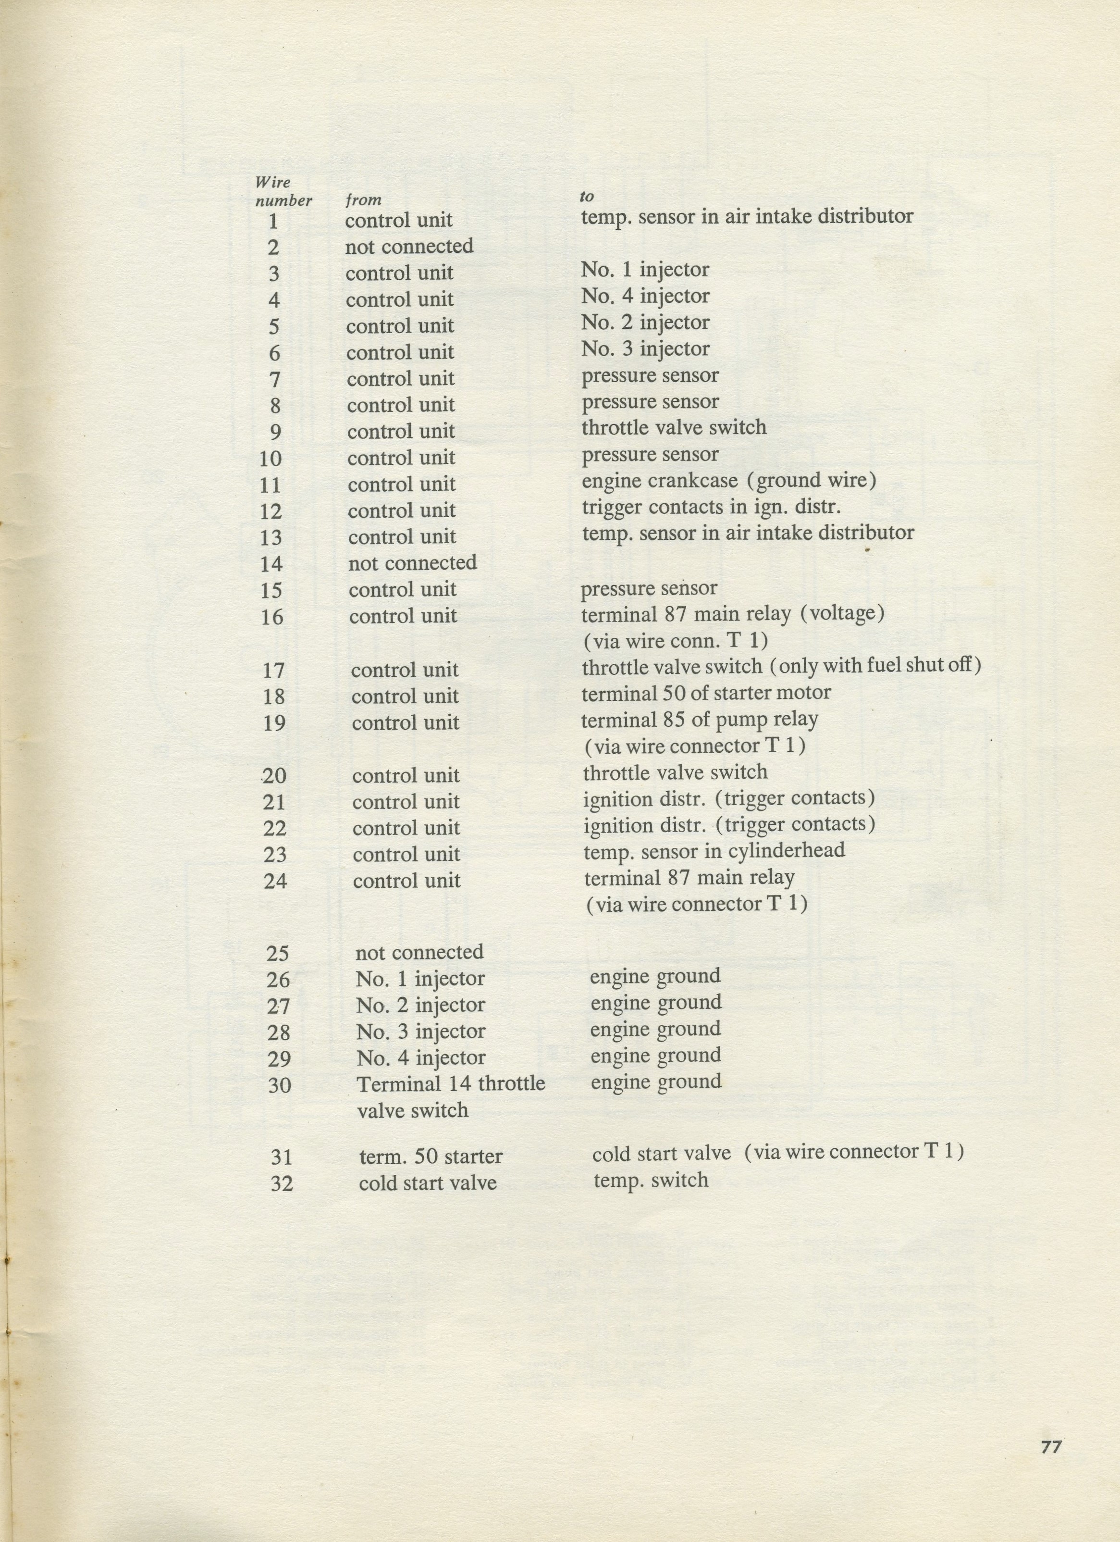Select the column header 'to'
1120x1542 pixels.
(587, 197)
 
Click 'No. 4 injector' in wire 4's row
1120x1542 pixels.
(645, 297)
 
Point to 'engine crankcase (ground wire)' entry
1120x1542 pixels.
(728, 481)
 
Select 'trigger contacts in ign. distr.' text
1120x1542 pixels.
(712, 507)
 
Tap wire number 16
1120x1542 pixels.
(272, 617)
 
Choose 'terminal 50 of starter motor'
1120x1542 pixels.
(706, 693)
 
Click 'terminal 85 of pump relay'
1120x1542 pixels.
(699, 720)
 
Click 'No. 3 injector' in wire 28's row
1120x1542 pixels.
(421, 1032)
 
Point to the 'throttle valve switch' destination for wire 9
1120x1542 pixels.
(674, 428)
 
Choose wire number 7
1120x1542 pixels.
(274, 379)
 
